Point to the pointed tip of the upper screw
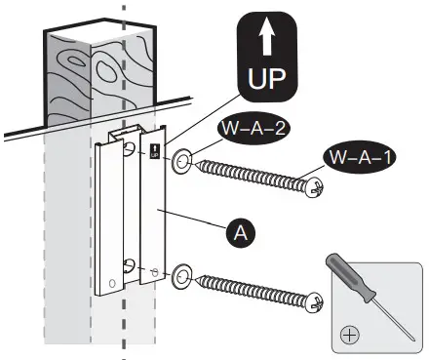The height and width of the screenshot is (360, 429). click(199, 166)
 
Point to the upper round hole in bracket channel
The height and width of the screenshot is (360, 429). click(129, 148)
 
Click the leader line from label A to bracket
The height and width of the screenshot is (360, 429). click(195, 220)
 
